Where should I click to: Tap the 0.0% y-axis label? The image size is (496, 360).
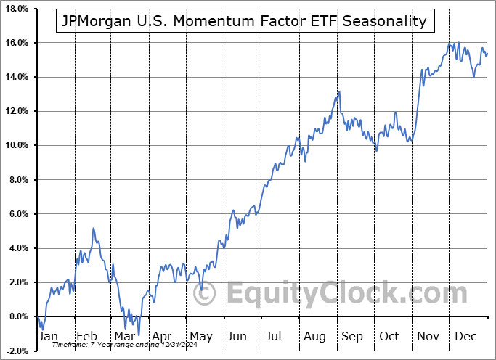tap(18, 316)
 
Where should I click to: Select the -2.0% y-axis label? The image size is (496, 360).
tap(17, 351)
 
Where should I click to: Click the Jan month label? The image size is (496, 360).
tap(47, 337)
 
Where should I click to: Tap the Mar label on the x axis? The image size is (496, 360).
tap(124, 337)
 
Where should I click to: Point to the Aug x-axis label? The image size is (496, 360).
tap(316, 337)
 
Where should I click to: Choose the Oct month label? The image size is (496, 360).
tap(391, 337)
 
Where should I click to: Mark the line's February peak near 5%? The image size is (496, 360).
tap(93, 229)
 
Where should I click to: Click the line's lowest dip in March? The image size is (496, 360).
tap(138, 335)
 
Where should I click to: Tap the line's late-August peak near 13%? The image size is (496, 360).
tap(338, 91)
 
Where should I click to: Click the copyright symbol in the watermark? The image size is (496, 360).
tap(206, 294)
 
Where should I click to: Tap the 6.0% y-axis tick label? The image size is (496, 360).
tap(18, 214)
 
